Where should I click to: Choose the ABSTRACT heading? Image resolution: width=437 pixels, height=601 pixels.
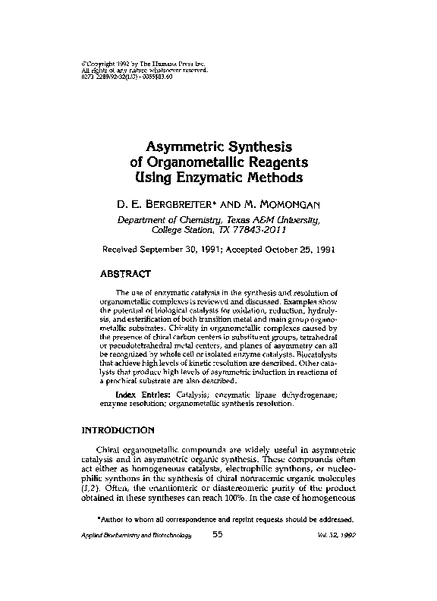coord(127,272)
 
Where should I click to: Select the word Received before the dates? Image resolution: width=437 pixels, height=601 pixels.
coord(124,249)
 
